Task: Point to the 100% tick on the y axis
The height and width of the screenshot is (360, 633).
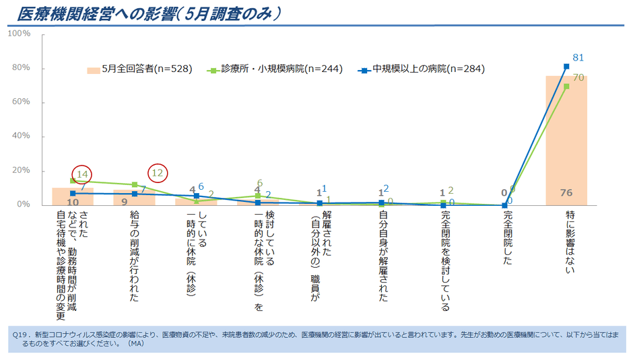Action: click(19, 34)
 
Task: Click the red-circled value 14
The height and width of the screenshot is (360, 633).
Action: click(82, 174)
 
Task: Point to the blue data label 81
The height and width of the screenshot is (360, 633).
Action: click(577, 58)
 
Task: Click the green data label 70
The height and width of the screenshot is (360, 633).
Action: click(577, 78)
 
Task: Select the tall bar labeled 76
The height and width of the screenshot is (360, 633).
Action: click(566, 141)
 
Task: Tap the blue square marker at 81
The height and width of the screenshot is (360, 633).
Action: click(566, 66)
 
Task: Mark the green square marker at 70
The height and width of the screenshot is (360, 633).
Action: click(566, 86)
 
